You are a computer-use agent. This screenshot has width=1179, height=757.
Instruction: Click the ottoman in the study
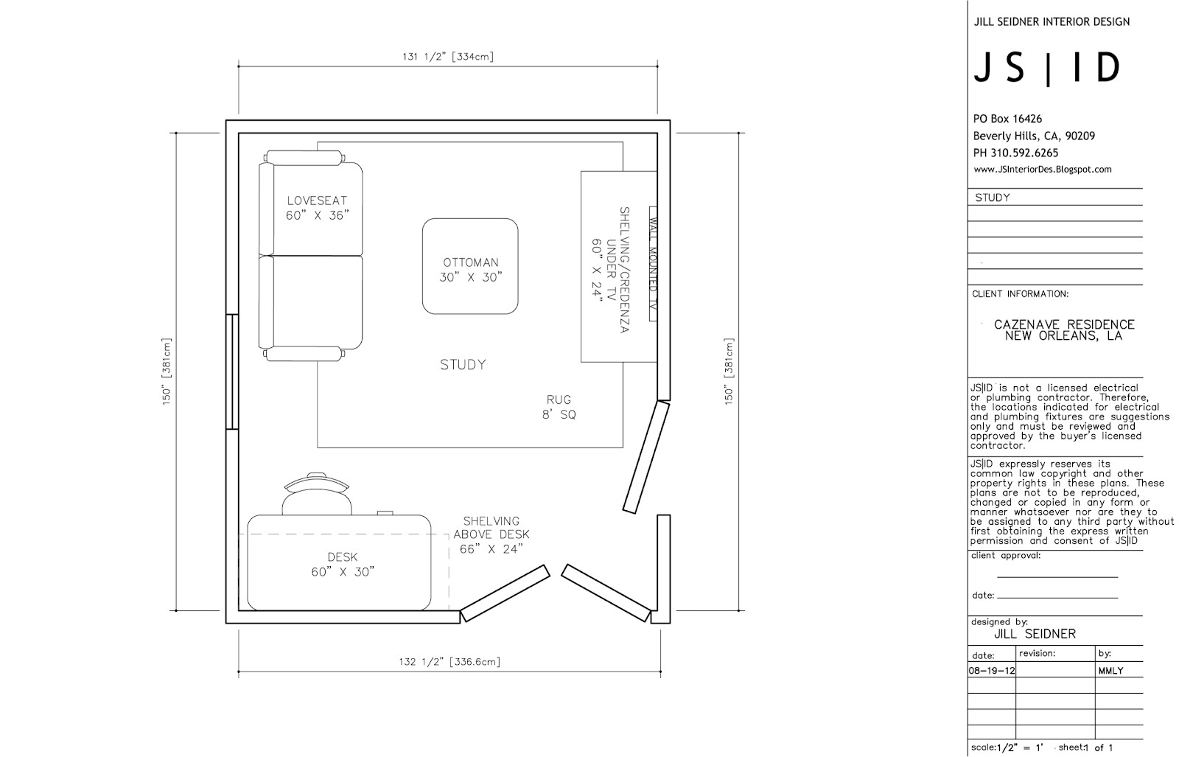pos(470,266)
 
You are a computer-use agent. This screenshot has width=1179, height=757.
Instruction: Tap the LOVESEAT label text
pos(317,200)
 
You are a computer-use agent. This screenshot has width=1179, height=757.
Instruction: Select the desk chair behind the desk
pos(316,493)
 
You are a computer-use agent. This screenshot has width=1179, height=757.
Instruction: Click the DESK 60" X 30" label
pos(343,565)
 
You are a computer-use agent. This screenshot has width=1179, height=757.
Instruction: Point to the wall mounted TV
pos(653,264)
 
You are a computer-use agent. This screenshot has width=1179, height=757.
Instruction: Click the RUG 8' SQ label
pos(559,407)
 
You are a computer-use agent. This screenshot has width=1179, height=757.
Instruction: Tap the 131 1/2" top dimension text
pos(448,57)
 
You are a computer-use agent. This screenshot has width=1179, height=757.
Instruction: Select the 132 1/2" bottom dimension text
pos(449,662)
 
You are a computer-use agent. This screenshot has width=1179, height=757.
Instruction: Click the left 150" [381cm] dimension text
pos(167,371)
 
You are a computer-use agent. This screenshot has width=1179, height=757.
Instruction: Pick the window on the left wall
pos(232,371)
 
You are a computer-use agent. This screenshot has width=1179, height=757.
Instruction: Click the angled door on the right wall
pos(646,457)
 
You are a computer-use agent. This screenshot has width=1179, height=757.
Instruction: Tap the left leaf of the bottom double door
pos(505,593)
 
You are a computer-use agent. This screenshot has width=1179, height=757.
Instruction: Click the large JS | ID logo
pos(1047,68)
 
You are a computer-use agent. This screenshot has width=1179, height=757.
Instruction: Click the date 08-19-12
pos(992,671)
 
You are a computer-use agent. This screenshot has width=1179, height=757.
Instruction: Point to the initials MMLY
pos(1111,671)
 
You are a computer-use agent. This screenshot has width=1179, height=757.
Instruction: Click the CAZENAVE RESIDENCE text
pos(1064,324)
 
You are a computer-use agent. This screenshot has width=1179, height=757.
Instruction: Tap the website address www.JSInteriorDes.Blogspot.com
pos(1043,170)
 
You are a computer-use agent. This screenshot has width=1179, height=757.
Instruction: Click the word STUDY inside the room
pos(463,364)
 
